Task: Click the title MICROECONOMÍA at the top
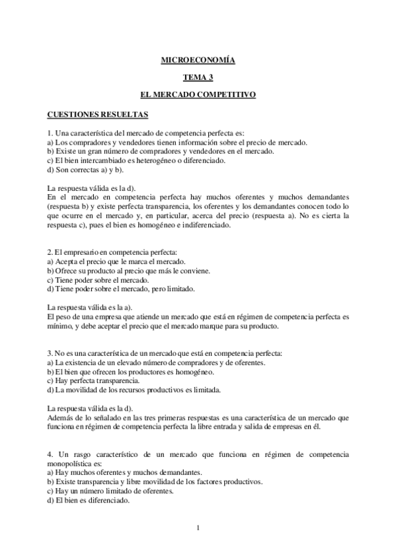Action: pyautogui.click(x=198, y=61)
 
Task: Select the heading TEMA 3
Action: pyautogui.click(x=198, y=78)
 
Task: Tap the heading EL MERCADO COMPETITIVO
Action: pyautogui.click(x=198, y=95)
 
